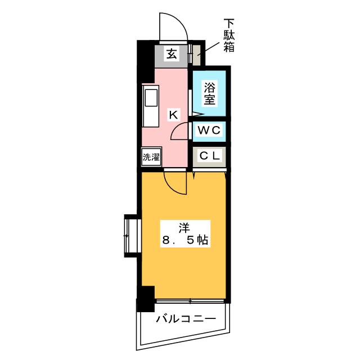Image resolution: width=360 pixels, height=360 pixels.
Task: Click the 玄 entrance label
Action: (x=172, y=55)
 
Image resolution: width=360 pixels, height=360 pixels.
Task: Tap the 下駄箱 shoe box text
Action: (x=229, y=36)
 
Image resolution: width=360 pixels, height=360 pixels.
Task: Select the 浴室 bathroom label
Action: (x=209, y=93)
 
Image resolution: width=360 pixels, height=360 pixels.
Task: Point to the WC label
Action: (x=209, y=130)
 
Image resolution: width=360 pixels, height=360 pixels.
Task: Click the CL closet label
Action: (x=210, y=156)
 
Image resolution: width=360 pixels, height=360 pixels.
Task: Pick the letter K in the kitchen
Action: (x=174, y=115)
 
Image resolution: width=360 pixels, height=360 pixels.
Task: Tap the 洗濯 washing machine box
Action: (x=151, y=157)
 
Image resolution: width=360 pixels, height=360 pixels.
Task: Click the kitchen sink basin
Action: (x=151, y=98)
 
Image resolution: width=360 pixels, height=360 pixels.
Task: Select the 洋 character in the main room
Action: (x=184, y=228)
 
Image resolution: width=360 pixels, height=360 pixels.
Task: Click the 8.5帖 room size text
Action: (x=185, y=240)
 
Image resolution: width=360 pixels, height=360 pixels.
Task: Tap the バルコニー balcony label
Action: (x=186, y=319)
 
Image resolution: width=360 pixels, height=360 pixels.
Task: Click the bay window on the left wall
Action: (x=133, y=236)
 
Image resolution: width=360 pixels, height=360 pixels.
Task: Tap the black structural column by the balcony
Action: (x=146, y=299)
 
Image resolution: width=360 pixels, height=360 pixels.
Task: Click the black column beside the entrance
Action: (x=146, y=61)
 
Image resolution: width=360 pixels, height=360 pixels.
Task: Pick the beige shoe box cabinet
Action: (x=197, y=55)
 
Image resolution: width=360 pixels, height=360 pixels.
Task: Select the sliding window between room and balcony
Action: (x=190, y=301)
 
